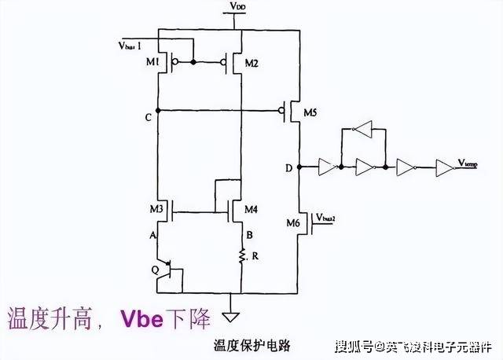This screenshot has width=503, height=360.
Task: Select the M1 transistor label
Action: [154, 64]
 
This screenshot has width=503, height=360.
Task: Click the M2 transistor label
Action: [252, 64]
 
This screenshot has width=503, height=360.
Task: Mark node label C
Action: [149, 117]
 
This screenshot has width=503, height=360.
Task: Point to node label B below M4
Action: [249, 233]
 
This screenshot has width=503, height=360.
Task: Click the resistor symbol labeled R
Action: [241, 255]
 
